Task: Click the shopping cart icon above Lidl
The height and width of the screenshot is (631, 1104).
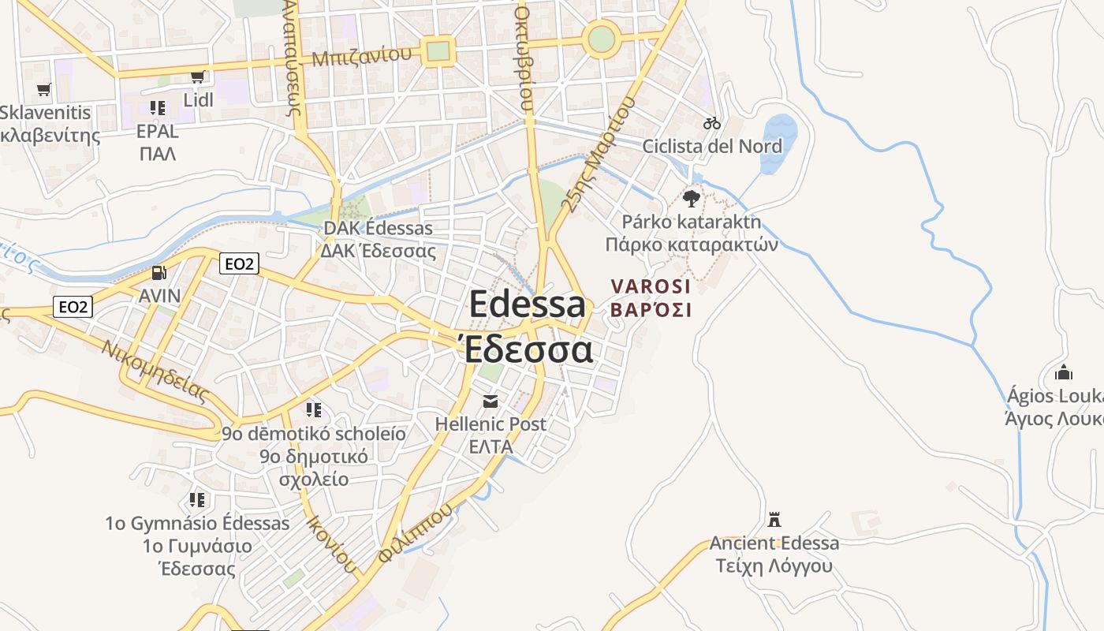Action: point(198,77)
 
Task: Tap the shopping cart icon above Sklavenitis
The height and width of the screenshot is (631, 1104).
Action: point(44,89)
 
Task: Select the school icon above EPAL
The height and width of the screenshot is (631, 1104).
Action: point(157,107)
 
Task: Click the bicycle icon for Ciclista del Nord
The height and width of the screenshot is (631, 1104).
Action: point(712,123)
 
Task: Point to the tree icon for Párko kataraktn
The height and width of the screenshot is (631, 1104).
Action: point(692,198)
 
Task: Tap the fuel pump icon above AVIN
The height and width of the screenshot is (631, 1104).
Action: point(159,273)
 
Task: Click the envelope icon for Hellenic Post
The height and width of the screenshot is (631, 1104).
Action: point(490,401)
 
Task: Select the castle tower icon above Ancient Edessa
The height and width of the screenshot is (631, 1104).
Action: point(774,519)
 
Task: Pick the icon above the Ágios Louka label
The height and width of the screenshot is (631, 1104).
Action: point(1063,372)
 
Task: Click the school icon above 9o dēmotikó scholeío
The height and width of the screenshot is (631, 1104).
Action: point(313,410)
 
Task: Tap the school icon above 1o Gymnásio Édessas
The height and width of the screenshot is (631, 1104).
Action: point(197,499)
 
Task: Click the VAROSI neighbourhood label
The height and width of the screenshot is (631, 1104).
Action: point(651,286)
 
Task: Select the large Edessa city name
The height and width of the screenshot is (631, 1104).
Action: point(528,305)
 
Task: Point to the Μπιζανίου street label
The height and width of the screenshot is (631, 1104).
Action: point(362,56)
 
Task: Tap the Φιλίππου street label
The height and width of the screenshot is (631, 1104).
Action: point(416,532)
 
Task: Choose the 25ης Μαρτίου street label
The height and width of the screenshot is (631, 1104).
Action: point(599,155)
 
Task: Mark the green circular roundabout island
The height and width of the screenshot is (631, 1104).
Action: point(601,38)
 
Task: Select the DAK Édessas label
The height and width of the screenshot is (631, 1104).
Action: point(379,229)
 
